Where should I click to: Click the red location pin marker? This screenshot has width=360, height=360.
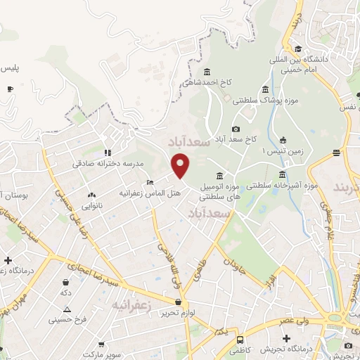point(181,165)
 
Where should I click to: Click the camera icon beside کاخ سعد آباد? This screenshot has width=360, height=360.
point(236,129)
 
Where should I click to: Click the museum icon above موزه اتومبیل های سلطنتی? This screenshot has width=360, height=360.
point(220,176)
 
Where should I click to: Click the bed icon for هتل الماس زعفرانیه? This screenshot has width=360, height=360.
point(149,183)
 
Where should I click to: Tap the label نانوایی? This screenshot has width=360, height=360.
point(91,206)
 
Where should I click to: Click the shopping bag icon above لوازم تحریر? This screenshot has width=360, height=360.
point(178,302)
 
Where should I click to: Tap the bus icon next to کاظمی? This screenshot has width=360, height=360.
point(239,339)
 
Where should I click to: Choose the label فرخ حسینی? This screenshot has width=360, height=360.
point(67,320)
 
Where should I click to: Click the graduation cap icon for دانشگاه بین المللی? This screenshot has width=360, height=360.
point(299,49)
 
